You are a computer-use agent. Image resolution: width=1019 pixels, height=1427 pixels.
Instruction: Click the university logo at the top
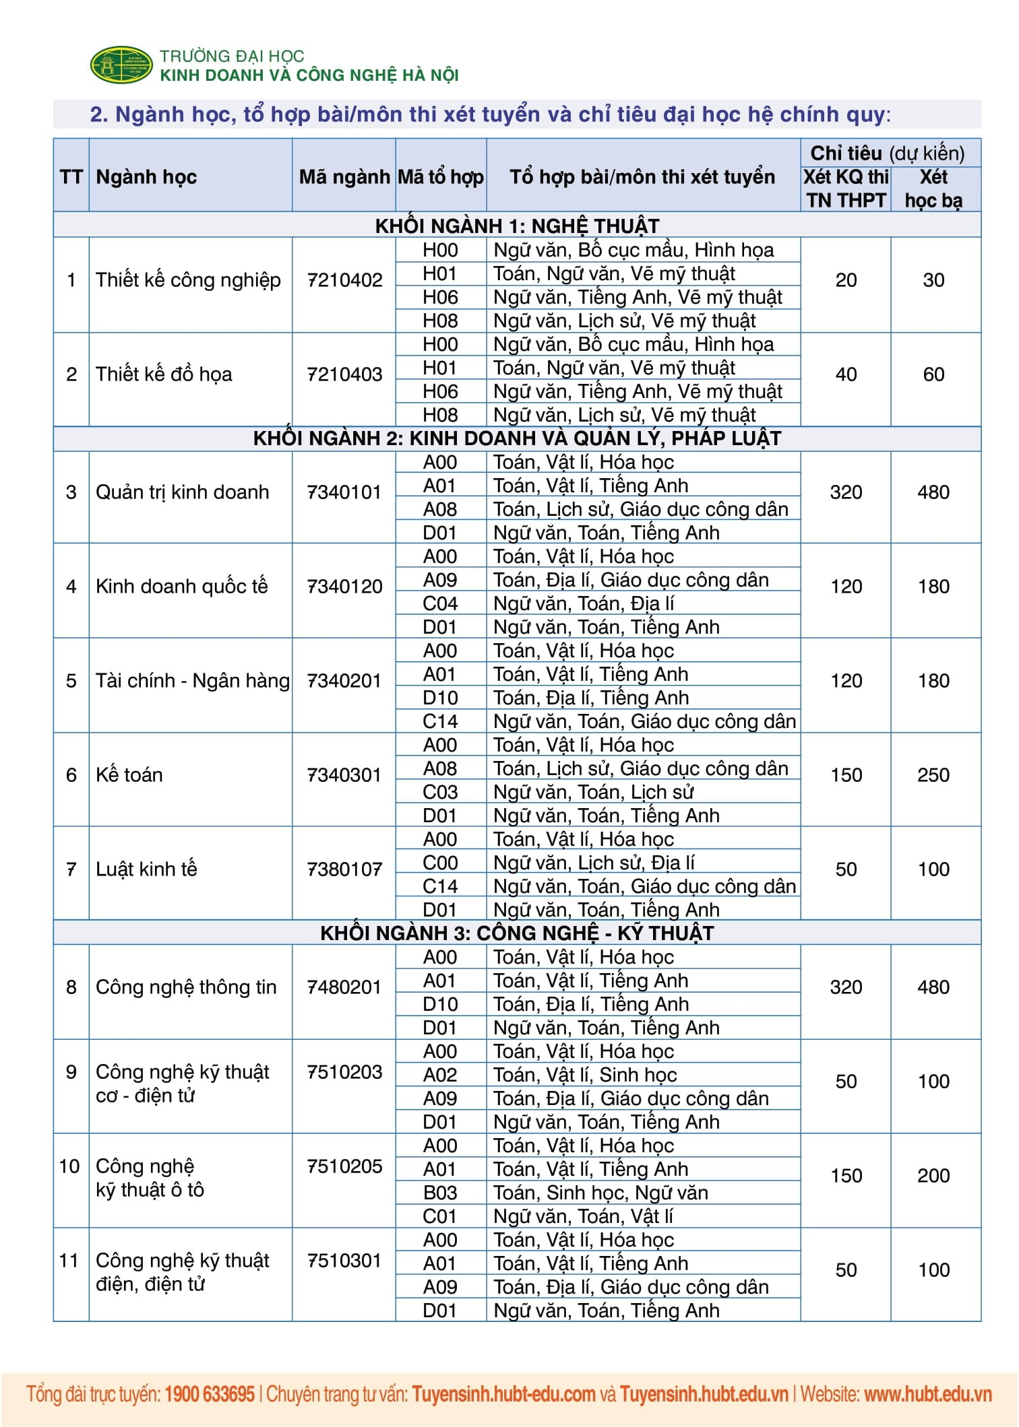(121, 65)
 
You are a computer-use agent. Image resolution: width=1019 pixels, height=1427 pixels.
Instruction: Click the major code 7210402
(344, 280)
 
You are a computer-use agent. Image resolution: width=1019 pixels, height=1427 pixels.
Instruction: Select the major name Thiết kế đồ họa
(164, 374)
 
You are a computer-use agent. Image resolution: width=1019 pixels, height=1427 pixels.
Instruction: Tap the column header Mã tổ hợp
(441, 177)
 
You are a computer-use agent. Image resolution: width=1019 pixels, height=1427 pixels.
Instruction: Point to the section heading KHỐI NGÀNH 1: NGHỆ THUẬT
(517, 226)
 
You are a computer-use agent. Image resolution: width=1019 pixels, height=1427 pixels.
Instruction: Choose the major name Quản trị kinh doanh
(182, 492)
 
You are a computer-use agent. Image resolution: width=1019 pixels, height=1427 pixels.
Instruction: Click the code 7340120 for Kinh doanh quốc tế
(344, 587)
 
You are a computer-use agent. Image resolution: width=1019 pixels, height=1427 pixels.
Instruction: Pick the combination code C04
(440, 603)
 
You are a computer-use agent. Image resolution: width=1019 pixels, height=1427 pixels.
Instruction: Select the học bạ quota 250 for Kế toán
(933, 775)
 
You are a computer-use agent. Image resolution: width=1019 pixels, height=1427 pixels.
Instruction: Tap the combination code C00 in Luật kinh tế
(440, 863)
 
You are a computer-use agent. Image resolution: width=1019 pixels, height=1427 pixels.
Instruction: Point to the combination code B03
(440, 1193)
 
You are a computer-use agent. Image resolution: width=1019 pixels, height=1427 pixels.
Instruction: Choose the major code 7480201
(344, 987)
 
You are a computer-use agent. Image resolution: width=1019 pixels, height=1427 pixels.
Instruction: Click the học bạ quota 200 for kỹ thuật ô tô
(933, 1176)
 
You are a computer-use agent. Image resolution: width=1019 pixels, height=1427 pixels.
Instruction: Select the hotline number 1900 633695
(210, 1394)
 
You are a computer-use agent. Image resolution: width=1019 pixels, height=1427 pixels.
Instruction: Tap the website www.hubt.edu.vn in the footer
(927, 1394)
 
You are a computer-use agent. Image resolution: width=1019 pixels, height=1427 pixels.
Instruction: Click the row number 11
(69, 1261)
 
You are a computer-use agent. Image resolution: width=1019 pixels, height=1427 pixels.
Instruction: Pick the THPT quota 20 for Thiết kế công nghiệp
(846, 280)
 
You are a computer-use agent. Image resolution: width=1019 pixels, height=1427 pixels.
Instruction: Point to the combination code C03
(440, 792)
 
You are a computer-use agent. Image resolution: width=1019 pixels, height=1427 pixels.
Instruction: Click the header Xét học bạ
(933, 189)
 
